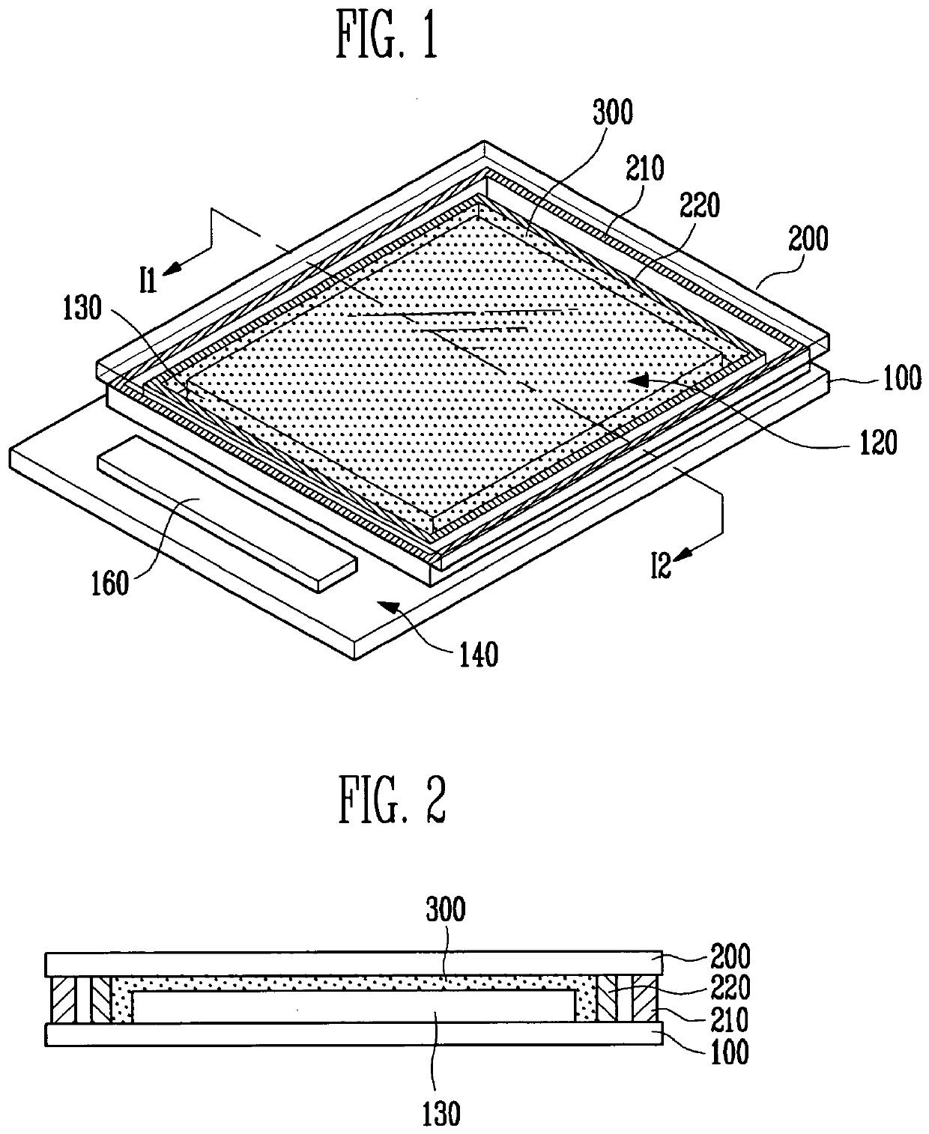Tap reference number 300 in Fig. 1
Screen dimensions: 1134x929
613,112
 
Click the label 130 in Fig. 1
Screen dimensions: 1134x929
82,309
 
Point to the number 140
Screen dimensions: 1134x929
478,655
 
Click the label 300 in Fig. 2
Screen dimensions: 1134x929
445,909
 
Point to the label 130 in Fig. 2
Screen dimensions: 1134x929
441,1115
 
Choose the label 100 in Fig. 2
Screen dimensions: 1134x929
730,1052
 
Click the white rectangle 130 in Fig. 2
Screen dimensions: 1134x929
352,1007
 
